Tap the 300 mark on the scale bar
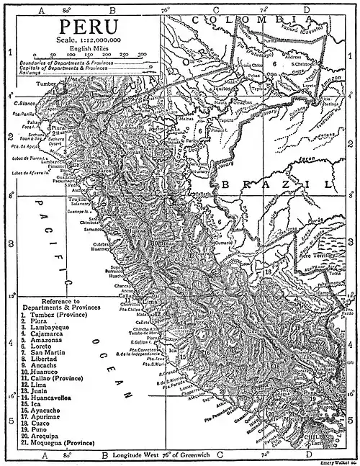[143, 54]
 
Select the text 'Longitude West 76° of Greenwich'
[168, 456]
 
